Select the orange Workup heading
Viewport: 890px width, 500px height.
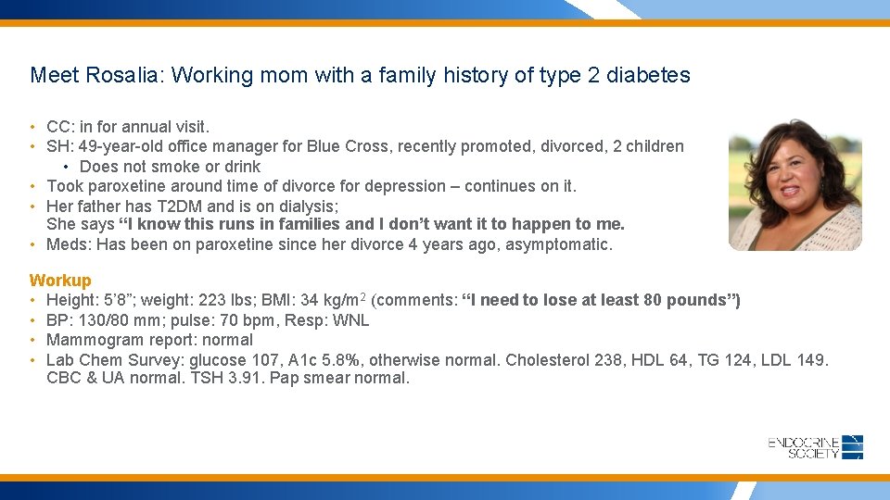point(60,280)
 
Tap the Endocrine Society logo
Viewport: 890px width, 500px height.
point(815,447)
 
